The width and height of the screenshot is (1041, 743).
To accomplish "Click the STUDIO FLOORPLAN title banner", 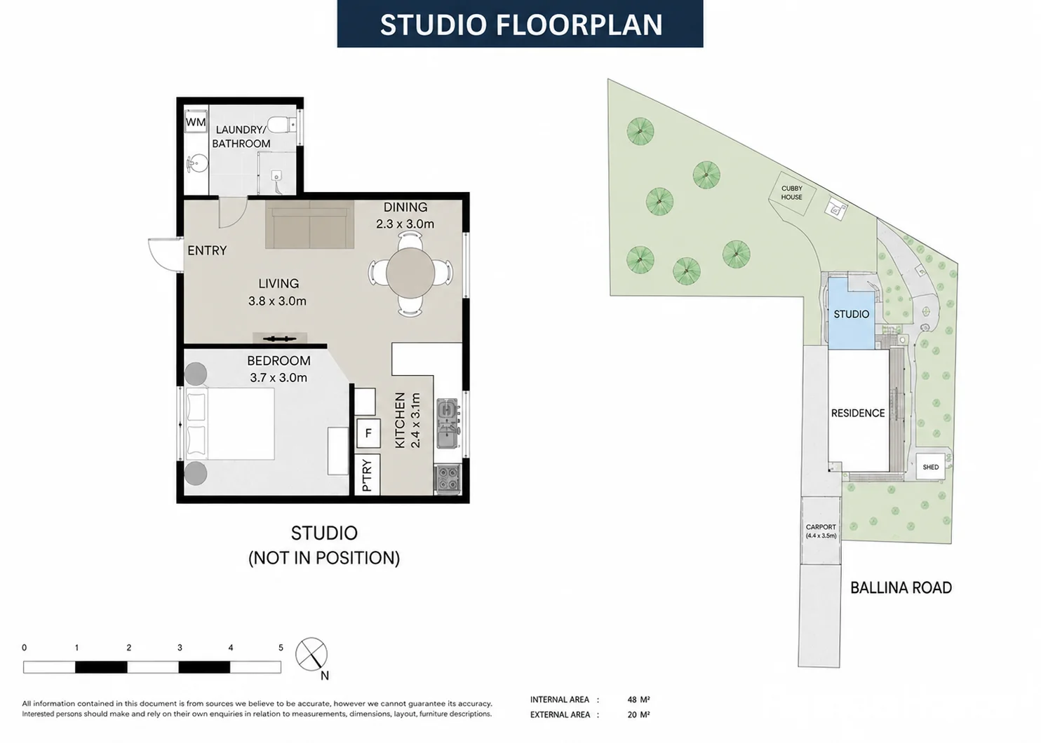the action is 520,24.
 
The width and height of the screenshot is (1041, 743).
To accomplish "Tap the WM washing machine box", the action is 196,122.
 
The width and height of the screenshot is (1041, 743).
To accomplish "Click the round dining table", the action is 410,273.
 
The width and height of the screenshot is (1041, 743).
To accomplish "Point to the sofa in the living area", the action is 310,224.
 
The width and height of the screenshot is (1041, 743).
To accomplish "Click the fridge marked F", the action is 368,433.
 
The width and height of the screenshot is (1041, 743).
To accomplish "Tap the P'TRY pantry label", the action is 367,475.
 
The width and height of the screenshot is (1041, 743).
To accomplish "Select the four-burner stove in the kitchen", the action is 448,478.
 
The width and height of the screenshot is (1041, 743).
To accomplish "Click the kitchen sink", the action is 448,423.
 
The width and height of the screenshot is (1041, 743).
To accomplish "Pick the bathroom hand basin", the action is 197,163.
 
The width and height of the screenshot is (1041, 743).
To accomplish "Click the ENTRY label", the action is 207,251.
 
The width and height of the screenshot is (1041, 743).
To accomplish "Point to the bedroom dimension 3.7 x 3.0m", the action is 278,378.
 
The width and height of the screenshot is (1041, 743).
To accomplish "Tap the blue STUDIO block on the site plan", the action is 851,314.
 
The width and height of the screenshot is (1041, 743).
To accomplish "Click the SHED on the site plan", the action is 930,467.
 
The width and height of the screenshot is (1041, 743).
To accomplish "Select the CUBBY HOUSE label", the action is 791,193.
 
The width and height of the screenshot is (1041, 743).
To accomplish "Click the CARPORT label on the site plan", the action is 821,527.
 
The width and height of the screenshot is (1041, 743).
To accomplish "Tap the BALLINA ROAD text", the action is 901,588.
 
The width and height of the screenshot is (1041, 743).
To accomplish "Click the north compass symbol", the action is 311,654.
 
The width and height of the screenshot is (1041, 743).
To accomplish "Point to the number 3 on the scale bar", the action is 180,648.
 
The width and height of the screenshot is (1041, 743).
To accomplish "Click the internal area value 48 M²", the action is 638,700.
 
